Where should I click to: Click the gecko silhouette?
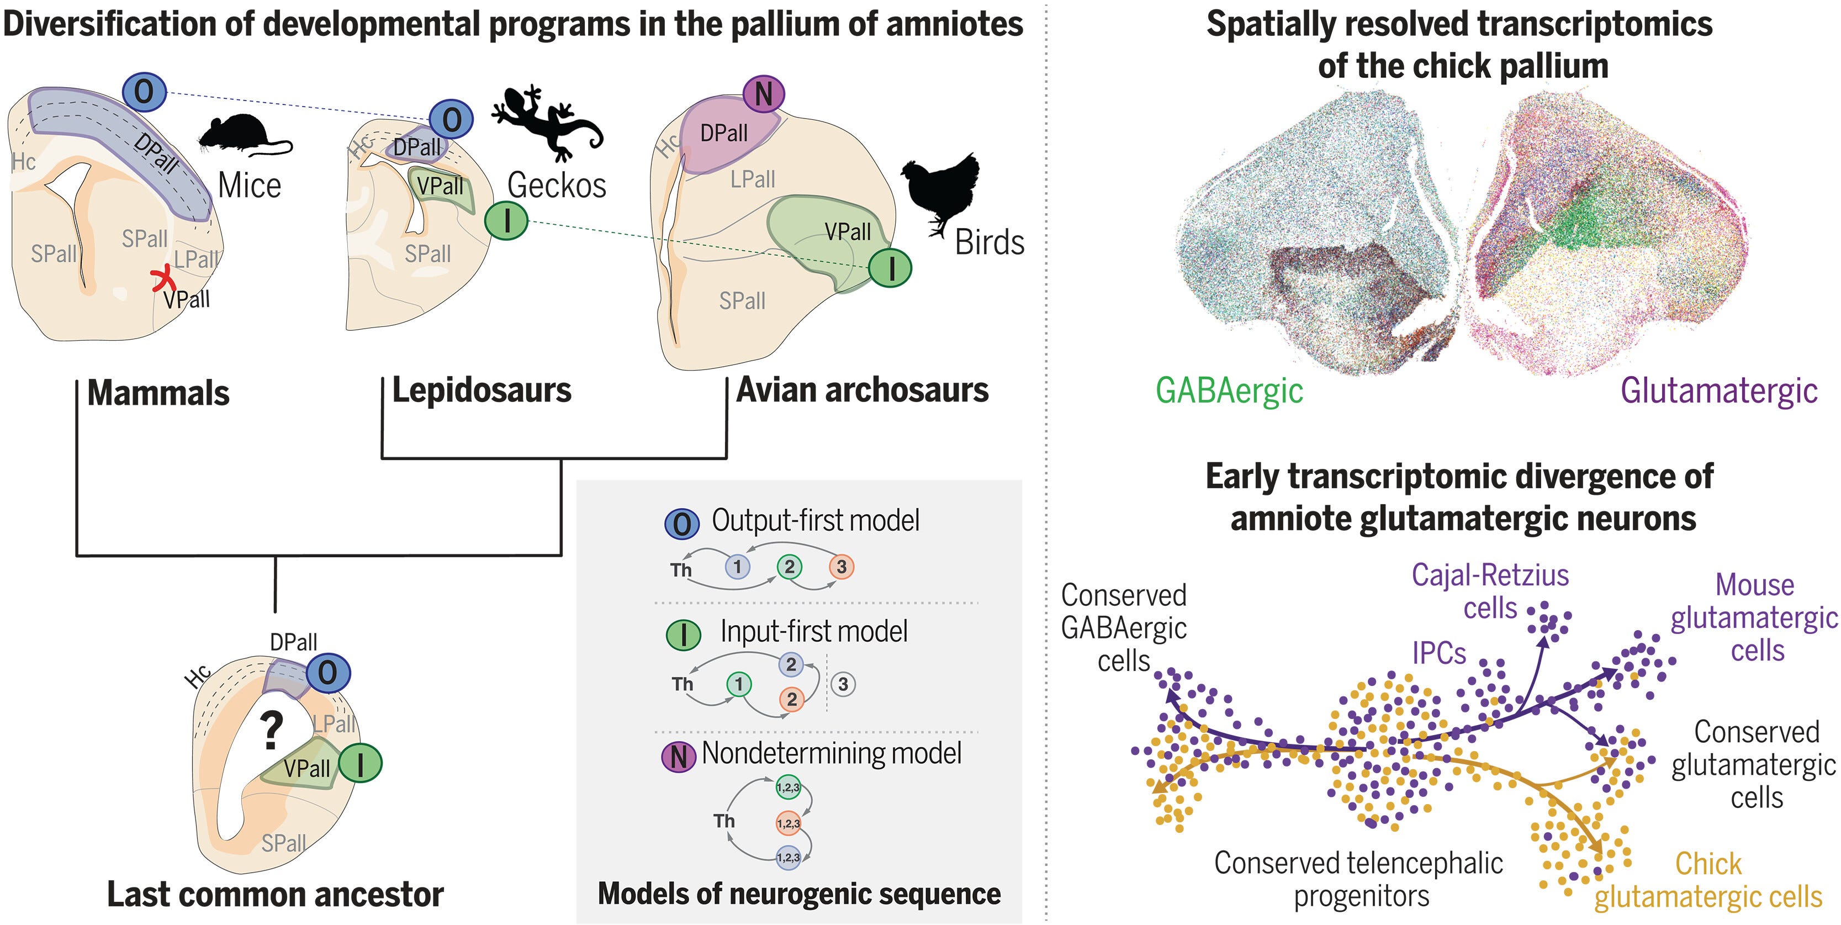click(x=547, y=121)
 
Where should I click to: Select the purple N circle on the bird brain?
click(x=763, y=94)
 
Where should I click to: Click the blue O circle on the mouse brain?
click(x=144, y=92)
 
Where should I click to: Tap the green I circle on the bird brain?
click(x=890, y=268)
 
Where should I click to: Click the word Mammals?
click(x=158, y=393)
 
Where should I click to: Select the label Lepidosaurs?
click(x=482, y=390)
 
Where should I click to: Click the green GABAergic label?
click(x=1229, y=391)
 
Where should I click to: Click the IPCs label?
click(x=1438, y=653)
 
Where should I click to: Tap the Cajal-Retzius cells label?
click(x=1490, y=591)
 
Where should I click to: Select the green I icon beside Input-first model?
click(x=683, y=634)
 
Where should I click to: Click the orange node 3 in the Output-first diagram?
click(x=841, y=567)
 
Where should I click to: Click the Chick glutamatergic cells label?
click(x=1708, y=881)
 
